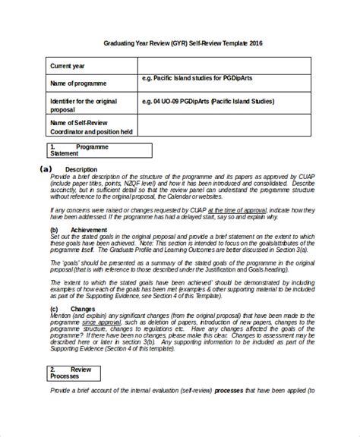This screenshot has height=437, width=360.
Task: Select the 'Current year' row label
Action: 71,64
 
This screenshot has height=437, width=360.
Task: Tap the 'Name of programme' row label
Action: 78,82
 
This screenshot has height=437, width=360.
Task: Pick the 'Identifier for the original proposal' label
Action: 84,103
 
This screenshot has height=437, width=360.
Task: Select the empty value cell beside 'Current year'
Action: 224,64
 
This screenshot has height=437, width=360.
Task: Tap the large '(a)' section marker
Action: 46,168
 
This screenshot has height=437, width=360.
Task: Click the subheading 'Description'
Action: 81,169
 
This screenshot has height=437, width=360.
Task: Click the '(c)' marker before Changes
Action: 55,309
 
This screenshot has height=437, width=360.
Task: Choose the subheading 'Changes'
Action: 84,309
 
